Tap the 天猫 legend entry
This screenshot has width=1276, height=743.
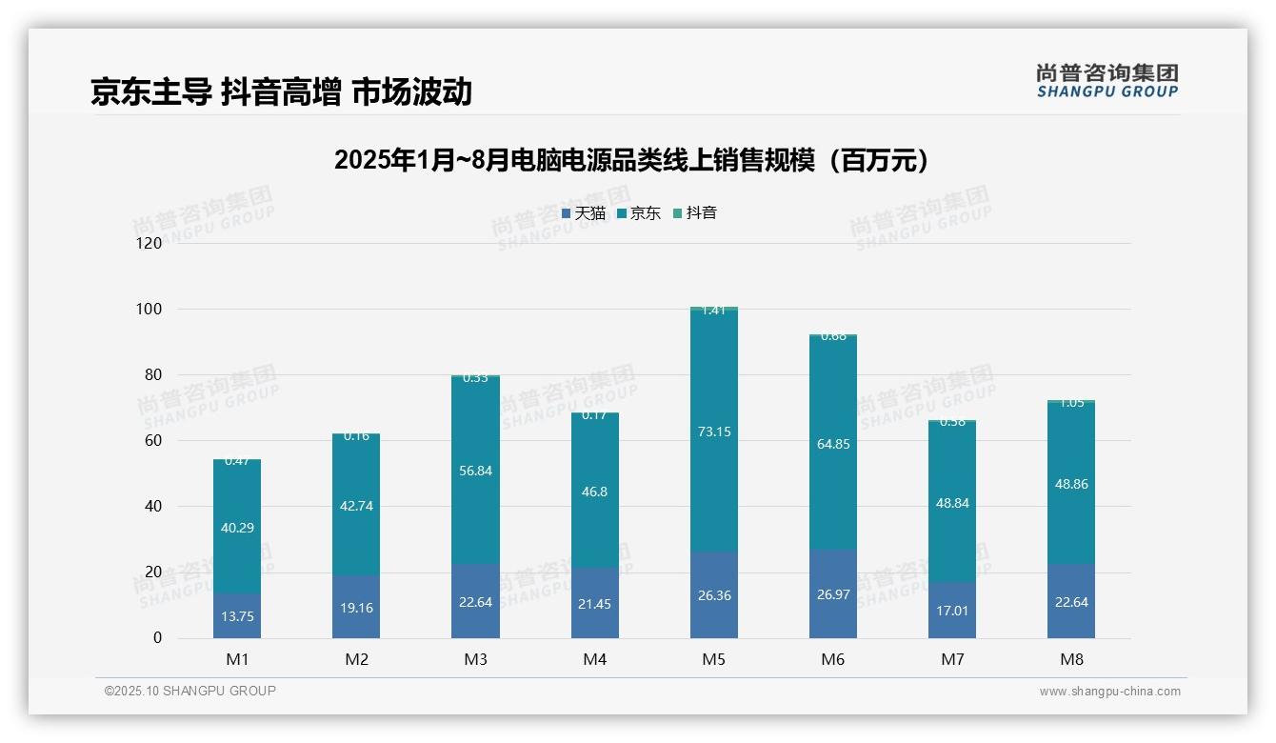tap(584, 213)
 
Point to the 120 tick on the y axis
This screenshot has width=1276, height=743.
tap(150, 243)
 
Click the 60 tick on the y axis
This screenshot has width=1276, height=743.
tap(153, 440)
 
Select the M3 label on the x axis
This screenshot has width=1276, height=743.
tap(475, 659)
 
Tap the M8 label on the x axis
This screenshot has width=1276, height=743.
tap(1071, 659)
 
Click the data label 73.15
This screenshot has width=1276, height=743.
tap(714, 432)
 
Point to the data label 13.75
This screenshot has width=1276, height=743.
tap(237, 616)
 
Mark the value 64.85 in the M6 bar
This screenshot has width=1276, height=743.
tap(833, 444)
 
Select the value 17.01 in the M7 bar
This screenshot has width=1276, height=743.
tap(952, 611)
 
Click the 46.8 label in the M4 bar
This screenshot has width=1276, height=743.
tap(594, 492)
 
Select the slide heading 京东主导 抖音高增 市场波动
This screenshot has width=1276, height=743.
tap(281, 92)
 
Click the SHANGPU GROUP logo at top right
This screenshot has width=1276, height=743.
tap(1107, 81)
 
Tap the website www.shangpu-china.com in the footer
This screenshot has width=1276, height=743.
tap(1109, 692)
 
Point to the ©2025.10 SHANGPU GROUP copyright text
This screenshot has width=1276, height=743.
tap(190, 691)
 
